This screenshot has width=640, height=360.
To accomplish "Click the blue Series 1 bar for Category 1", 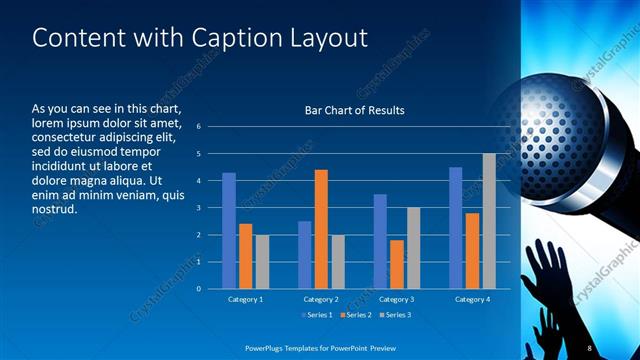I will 229,230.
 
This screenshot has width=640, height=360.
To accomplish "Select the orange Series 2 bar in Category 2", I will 321,229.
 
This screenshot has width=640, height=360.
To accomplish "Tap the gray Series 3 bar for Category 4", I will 489,221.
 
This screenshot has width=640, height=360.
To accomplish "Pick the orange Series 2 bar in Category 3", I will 397,264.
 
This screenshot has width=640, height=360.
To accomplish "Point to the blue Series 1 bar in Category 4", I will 456,228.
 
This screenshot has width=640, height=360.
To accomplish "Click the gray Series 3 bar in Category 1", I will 262,261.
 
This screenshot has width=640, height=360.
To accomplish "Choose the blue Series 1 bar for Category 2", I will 304,255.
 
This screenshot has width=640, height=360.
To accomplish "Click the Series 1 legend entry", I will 318,316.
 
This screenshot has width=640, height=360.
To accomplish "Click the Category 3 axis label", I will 397,299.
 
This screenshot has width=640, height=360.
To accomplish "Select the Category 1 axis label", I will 246,299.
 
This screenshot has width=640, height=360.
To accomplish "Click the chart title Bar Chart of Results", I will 354,110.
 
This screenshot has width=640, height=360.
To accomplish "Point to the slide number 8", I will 590,346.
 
